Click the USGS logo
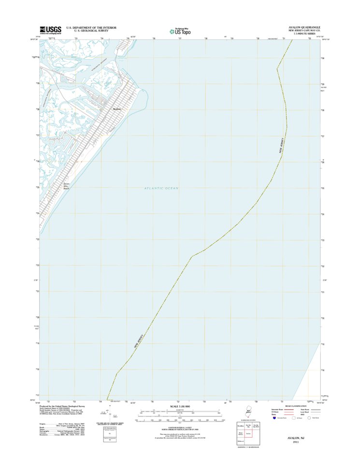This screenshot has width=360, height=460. click(51, 30)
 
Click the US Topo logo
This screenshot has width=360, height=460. click(179, 31)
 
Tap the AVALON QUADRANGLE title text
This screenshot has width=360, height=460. click(304, 27)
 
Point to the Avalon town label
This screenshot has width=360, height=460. click(116, 109)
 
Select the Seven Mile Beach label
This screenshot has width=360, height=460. click(68, 186)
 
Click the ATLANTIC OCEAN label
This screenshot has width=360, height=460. click(161, 188)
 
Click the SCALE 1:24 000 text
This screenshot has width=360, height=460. click(179, 406)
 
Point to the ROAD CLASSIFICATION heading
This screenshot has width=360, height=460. click(296, 406)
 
